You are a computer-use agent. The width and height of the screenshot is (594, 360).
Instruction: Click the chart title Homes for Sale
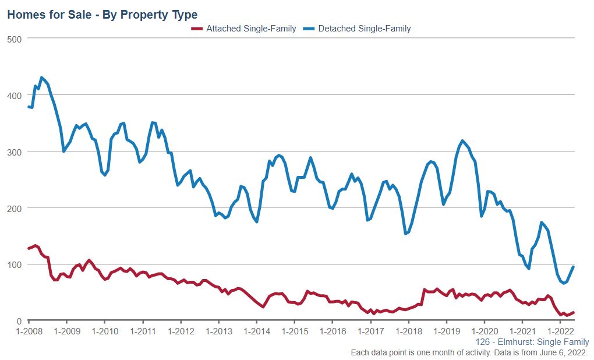pyautogui.click(x=102, y=15)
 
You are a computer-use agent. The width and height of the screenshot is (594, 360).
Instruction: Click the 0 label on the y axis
pyautogui.click(x=19, y=321)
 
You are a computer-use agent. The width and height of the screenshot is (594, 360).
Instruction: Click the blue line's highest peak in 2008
pyautogui.click(x=41, y=77)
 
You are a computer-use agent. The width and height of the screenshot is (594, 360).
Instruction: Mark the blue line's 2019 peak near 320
pyautogui.click(x=462, y=141)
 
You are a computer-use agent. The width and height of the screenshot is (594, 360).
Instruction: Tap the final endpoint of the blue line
pyautogui.click(x=573, y=267)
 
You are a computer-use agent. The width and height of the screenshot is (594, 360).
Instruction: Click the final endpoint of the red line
pyautogui.click(x=573, y=313)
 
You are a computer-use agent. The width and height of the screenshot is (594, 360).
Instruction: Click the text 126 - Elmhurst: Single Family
pyautogui.click(x=532, y=342)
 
